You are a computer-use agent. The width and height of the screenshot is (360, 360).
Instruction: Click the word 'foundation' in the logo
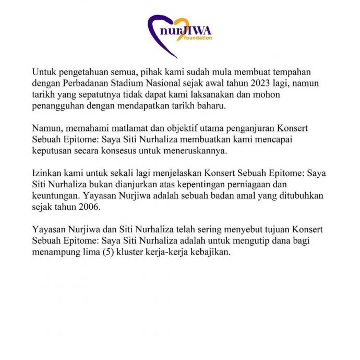[x=198, y=38]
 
